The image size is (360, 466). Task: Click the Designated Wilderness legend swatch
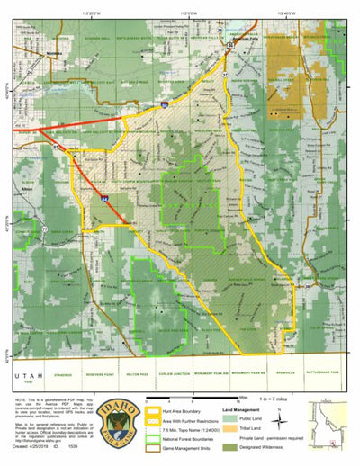point(234,444)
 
